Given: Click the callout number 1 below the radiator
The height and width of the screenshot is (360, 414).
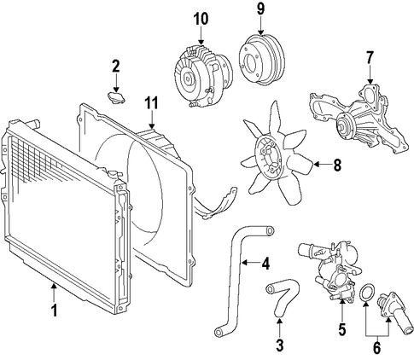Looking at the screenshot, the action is point(54,310).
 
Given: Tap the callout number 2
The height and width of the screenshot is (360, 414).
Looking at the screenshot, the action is point(116,67).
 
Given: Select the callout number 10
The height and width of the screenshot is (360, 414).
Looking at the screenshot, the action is point(201,19).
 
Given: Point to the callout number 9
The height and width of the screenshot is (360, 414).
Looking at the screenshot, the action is point(260,9).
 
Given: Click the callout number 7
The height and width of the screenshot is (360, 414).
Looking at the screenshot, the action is point(370,58).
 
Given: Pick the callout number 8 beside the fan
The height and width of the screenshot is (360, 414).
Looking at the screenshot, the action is point(337,165).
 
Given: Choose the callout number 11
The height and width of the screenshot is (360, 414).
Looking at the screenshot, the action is point(152,103).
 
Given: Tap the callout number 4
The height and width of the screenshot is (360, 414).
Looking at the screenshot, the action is point(265,264).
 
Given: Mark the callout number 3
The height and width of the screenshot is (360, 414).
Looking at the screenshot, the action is point(280,345).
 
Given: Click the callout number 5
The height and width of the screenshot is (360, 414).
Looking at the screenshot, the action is point(341,328).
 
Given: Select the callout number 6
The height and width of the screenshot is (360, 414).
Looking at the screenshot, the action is point(376,348).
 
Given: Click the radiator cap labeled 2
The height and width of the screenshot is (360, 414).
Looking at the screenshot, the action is point(117,97).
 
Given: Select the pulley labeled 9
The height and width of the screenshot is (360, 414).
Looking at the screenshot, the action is point(261,60).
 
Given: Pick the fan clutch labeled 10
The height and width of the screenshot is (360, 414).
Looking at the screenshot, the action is point(202,77).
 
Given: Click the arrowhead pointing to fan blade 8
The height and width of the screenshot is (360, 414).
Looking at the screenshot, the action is point(316,165).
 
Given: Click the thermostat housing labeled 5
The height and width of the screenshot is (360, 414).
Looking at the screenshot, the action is point(335,272).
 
